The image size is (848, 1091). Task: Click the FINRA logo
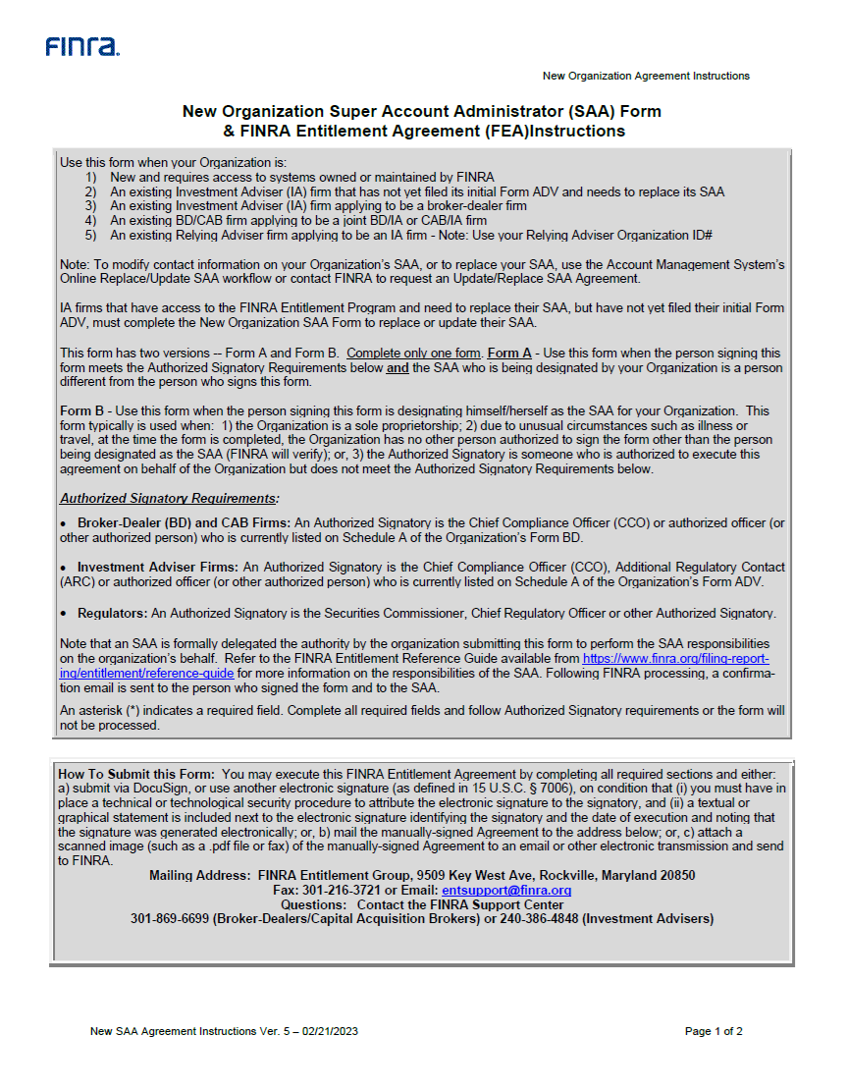(x=82, y=47)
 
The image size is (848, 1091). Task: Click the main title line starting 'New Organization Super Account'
(x=422, y=112)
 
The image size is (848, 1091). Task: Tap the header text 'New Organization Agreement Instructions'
(x=646, y=76)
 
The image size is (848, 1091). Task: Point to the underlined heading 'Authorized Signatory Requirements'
(x=168, y=498)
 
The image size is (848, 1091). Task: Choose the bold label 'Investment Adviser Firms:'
(x=158, y=568)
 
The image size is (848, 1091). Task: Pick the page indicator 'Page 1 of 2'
(x=714, y=1031)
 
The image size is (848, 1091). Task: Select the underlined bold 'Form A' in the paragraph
(x=509, y=354)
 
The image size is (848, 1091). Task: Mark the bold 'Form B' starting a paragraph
(x=81, y=410)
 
